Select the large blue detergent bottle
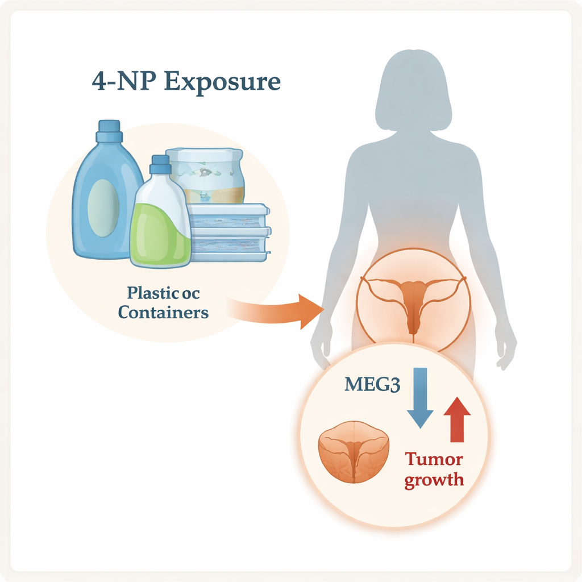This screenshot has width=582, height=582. coord(102,199)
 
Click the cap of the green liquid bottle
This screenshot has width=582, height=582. coord(160,164)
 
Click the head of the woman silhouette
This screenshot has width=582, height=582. coord(413,91)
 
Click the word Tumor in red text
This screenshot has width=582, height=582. coord(434,459)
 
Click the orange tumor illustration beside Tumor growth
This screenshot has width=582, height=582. coord(354,452)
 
